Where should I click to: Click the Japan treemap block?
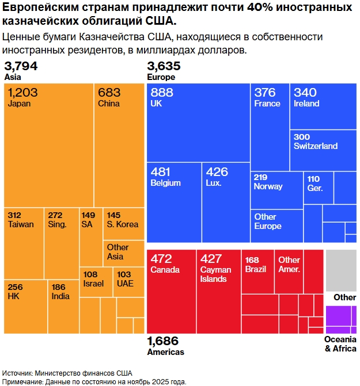point(49,144)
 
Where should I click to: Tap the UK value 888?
point(162,93)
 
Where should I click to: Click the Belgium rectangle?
point(174,201)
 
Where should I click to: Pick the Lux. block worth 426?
point(225,201)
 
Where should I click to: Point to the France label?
point(267,104)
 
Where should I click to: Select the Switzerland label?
point(316,146)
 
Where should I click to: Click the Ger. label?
point(315,188)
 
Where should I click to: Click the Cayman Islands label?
point(216,274)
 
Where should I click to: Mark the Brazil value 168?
point(252,260)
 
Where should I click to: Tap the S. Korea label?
point(123,224)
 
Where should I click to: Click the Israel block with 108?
point(96,282)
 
